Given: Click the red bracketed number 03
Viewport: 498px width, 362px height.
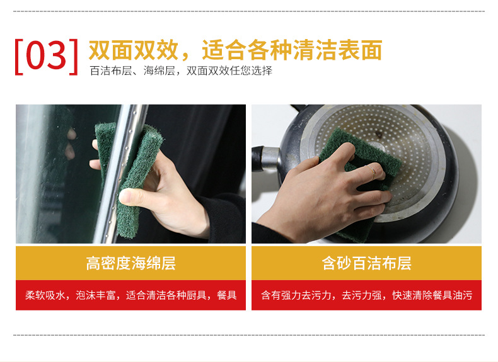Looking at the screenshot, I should click(47, 56).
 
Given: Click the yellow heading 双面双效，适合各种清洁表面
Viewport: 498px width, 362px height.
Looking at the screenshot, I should click(235, 50).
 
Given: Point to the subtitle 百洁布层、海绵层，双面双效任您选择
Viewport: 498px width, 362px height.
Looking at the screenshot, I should click(181, 71).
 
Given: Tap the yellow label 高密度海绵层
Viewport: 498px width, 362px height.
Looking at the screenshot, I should click(130, 263).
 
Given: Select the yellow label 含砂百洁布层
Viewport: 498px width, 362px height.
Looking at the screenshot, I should click(366, 263).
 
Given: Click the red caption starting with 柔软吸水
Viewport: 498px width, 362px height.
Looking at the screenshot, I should click(130, 295).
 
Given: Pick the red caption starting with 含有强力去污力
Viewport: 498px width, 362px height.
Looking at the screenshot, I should click(366, 295).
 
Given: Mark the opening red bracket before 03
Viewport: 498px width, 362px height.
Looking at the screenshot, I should click(19, 56).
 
